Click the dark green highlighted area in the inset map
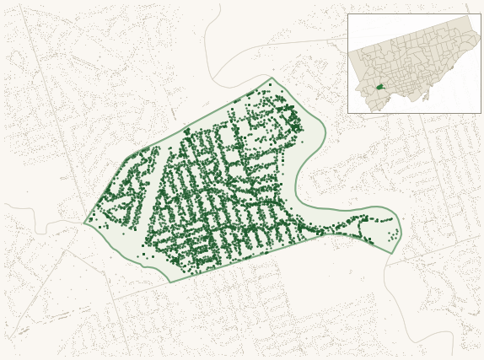point(379,86)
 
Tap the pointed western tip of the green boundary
point(84,223)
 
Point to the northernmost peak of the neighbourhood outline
point(272,78)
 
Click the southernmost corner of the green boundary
point(169,282)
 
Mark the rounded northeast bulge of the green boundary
point(322,135)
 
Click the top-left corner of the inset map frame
point(347,13)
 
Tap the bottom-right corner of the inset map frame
point(481,113)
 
